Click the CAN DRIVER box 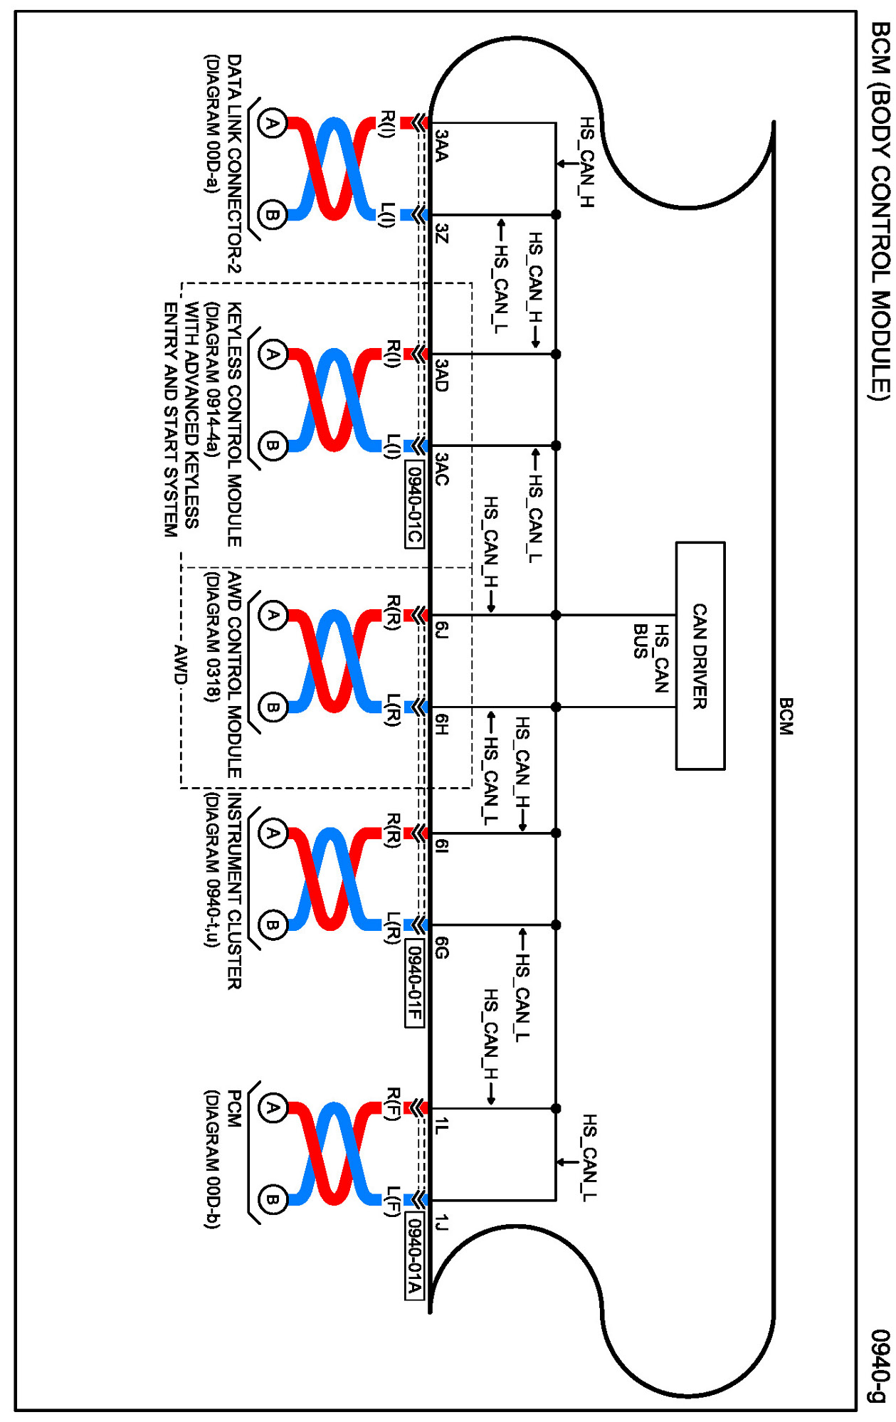[x=700, y=655]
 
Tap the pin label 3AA [x=442, y=144]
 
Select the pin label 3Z [x=442, y=233]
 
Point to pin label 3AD [x=442, y=375]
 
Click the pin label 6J [x=442, y=629]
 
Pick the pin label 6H [x=442, y=725]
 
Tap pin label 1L [x=442, y=1125]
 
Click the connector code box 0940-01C [x=414, y=504]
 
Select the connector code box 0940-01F [x=414, y=984]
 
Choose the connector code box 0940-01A [x=414, y=1255]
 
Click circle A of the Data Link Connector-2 [x=272, y=123]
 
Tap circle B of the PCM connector [x=272, y=1200]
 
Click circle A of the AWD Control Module [x=272, y=615]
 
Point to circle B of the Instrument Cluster [x=272, y=925]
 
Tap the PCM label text [x=234, y=1108]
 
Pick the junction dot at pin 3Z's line [x=556, y=214]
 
